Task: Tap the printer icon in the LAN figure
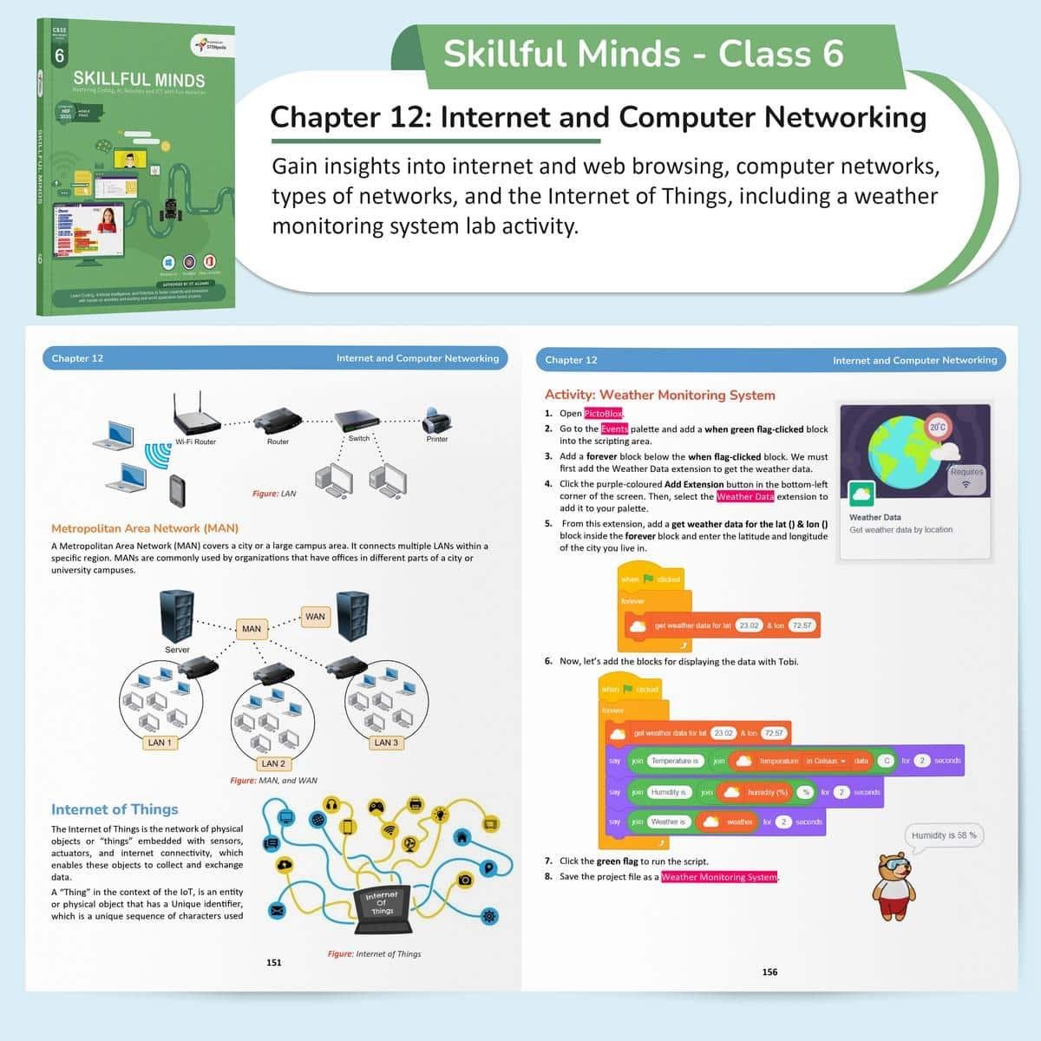(435, 421)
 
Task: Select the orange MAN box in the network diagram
(252, 629)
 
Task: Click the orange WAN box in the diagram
(315, 617)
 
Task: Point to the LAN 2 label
(273, 763)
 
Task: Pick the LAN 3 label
(386, 743)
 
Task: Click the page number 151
(274, 962)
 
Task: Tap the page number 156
(769, 972)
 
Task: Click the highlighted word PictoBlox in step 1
(603, 414)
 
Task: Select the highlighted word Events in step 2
(614, 429)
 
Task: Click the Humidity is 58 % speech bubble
(944, 835)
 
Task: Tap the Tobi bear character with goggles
(894, 886)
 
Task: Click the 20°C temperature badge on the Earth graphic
(938, 427)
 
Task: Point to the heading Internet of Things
(115, 809)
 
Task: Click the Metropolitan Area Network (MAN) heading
(145, 527)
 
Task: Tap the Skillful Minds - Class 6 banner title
(643, 54)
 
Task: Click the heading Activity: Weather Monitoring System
(659, 395)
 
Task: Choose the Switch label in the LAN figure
(358, 438)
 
